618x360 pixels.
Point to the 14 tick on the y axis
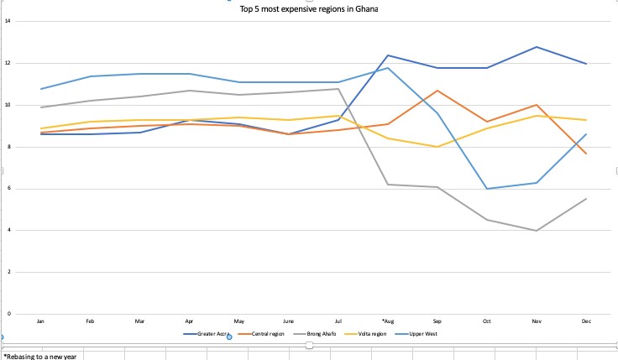coord(8,21)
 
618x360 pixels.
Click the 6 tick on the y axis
coord(8,188)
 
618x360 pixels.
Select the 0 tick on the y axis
coord(8,314)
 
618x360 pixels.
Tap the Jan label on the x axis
coord(40,320)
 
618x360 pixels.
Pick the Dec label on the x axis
coord(585,320)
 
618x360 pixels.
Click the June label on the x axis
coord(288,320)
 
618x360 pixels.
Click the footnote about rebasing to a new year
coord(39,356)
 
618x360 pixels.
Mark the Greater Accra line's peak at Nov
coord(536,47)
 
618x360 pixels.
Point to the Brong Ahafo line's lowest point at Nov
coord(536,230)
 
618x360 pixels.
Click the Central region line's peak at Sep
coord(437,91)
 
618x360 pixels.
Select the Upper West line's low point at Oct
coord(486,189)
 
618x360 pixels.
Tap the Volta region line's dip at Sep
coord(437,147)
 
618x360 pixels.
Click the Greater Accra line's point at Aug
coord(387,55)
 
